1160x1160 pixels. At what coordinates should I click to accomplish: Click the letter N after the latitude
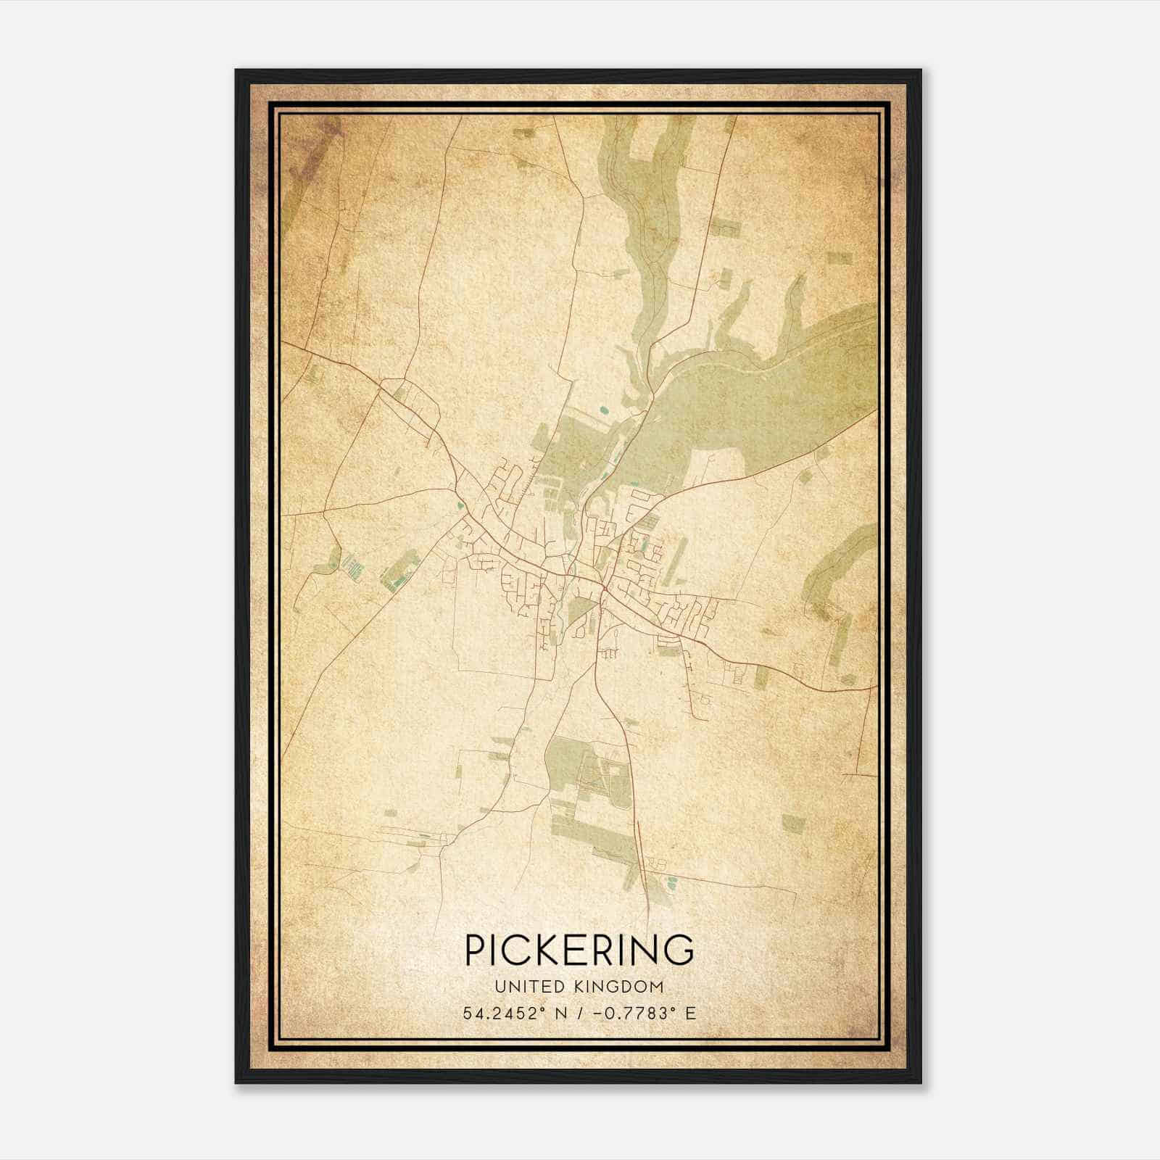[x=559, y=1014]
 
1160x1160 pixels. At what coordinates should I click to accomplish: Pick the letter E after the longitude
[x=690, y=1014]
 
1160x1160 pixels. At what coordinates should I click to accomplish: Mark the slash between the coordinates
[x=578, y=1014]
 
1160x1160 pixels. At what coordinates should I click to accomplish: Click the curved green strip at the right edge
[x=841, y=565]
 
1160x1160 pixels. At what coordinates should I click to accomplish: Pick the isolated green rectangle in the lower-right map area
[x=792, y=822]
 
